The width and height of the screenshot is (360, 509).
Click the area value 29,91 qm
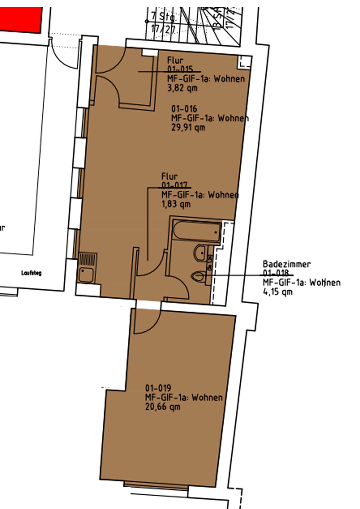coord(188,128)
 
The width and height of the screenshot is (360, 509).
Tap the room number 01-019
coord(158,388)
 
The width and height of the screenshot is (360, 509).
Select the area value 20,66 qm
coord(163,407)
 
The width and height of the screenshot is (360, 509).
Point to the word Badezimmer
coord(287,264)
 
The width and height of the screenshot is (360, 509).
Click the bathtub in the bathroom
coord(197,231)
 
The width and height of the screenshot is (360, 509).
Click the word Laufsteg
coord(31,273)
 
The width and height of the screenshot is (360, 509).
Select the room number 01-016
coord(184,109)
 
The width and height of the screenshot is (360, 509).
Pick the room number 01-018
coord(276,273)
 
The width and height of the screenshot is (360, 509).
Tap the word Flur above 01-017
coord(169,176)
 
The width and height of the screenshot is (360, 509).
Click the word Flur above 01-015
coord(175,60)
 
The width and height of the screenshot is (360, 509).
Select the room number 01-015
coord(180,69)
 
